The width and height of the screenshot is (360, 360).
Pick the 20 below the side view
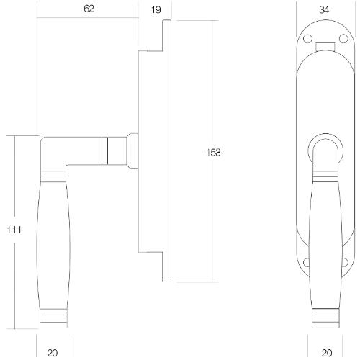53,353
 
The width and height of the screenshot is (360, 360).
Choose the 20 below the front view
326,353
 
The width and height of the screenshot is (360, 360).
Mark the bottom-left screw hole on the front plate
308,262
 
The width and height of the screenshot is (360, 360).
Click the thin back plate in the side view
168,152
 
